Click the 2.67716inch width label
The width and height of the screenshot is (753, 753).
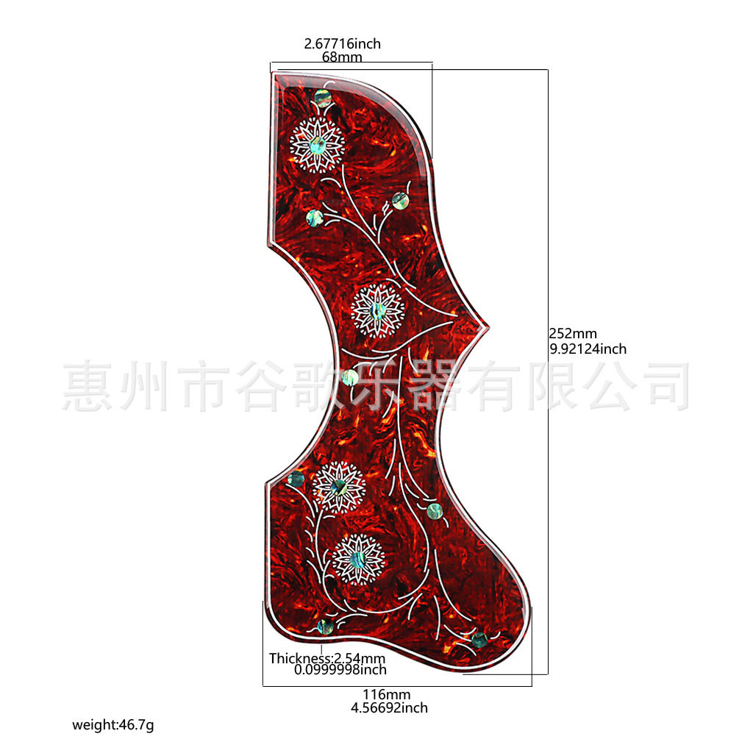click(343, 43)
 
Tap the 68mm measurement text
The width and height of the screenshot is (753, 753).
click(342, 57)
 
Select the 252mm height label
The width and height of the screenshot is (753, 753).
click(573, 333)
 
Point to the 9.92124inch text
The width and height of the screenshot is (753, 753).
click(588, 349)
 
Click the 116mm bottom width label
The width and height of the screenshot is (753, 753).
click(387, 694)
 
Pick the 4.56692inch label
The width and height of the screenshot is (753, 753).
click(389, 708)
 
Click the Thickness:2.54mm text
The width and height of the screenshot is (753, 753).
click(327, 658)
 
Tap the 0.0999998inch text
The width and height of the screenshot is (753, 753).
click(340, 669)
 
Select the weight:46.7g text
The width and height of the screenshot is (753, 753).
click(113, 724)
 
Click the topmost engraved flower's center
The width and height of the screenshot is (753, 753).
click(318, 145)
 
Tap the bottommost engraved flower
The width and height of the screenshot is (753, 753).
click(358, 560)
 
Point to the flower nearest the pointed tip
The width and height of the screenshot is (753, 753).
click(378, 310)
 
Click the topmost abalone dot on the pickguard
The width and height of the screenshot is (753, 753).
click(324, 99)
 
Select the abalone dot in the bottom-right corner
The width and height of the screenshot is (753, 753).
click(479, 640)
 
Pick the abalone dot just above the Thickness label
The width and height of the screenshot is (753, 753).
click(326, 627)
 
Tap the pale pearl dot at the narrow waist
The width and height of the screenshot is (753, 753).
click(350, 377)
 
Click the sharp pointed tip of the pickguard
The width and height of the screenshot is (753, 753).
click(488, 328)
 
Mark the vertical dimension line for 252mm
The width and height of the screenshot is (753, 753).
click(548, 371)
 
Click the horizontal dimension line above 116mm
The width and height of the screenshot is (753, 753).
click(397, 686)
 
